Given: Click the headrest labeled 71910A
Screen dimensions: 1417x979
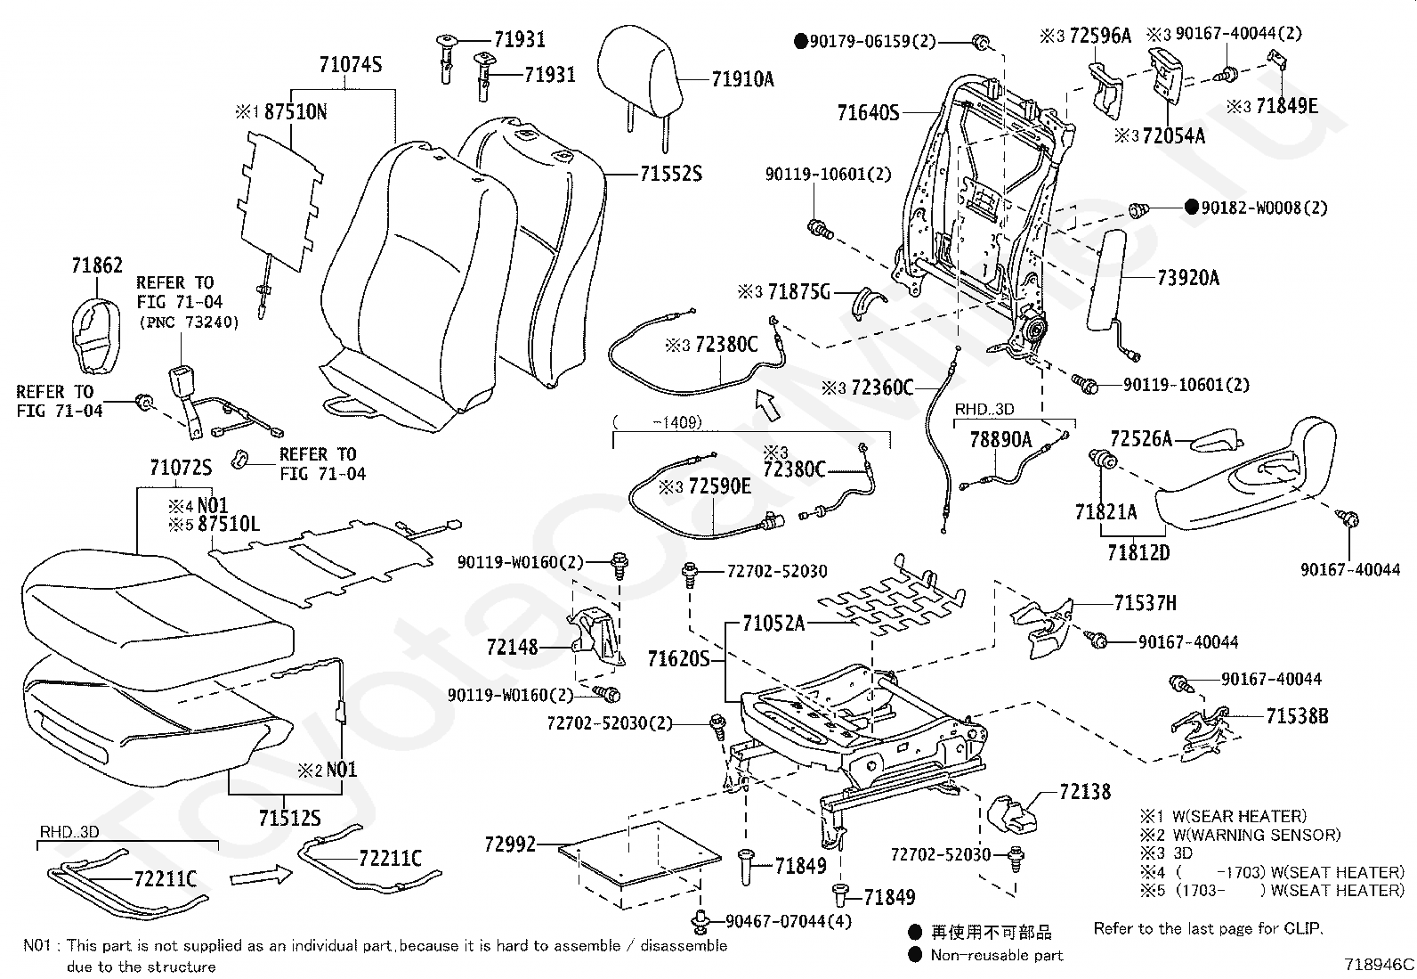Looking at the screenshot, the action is point(639,76).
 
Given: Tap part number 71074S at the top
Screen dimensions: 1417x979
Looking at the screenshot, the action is point(351,65).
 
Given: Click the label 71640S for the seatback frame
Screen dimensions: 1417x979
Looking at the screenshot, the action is point(868,113).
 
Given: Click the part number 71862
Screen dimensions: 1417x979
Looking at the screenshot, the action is point(97,265).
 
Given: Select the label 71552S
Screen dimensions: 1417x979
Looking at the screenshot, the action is point(670,174).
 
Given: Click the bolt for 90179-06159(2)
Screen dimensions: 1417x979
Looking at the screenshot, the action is point(981,43).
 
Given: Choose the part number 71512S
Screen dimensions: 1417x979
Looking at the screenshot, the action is point(290,818).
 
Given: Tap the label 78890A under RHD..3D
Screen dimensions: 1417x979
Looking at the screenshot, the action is point(1000,439).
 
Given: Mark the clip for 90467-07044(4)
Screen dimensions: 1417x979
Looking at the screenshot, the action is point(700,921).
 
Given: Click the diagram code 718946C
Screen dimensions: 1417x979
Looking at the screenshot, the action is point(1379,965).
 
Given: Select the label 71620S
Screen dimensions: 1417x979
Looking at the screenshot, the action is point(679,659).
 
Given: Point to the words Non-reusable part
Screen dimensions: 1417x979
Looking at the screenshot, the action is point(996,955).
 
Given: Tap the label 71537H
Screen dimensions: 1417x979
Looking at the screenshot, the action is point(1145,603).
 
